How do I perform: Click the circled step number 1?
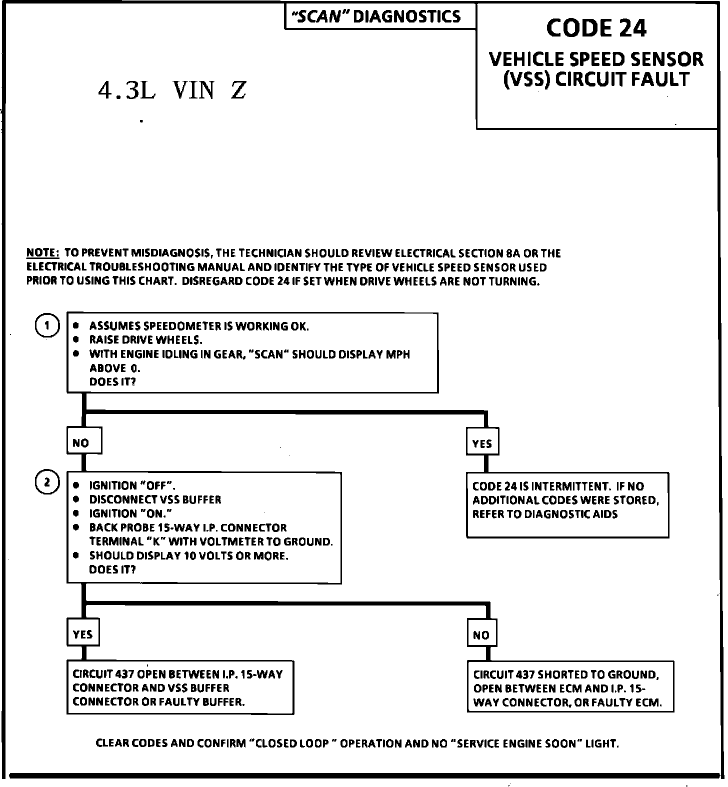47,326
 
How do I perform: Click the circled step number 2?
47,482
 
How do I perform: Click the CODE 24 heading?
596,28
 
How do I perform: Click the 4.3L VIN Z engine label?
172,90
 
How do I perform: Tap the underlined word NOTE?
42,253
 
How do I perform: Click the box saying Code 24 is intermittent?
567,504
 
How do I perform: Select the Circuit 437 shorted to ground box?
570,688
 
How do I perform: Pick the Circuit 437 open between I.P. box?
180,688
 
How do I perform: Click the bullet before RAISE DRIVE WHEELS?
76,340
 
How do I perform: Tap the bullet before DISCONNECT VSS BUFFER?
76,499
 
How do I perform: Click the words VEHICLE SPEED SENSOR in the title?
596,59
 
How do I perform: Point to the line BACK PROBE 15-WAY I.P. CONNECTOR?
188,527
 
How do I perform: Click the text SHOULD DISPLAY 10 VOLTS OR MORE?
188,555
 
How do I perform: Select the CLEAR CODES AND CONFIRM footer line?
357,743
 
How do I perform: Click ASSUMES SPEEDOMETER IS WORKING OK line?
199,326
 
